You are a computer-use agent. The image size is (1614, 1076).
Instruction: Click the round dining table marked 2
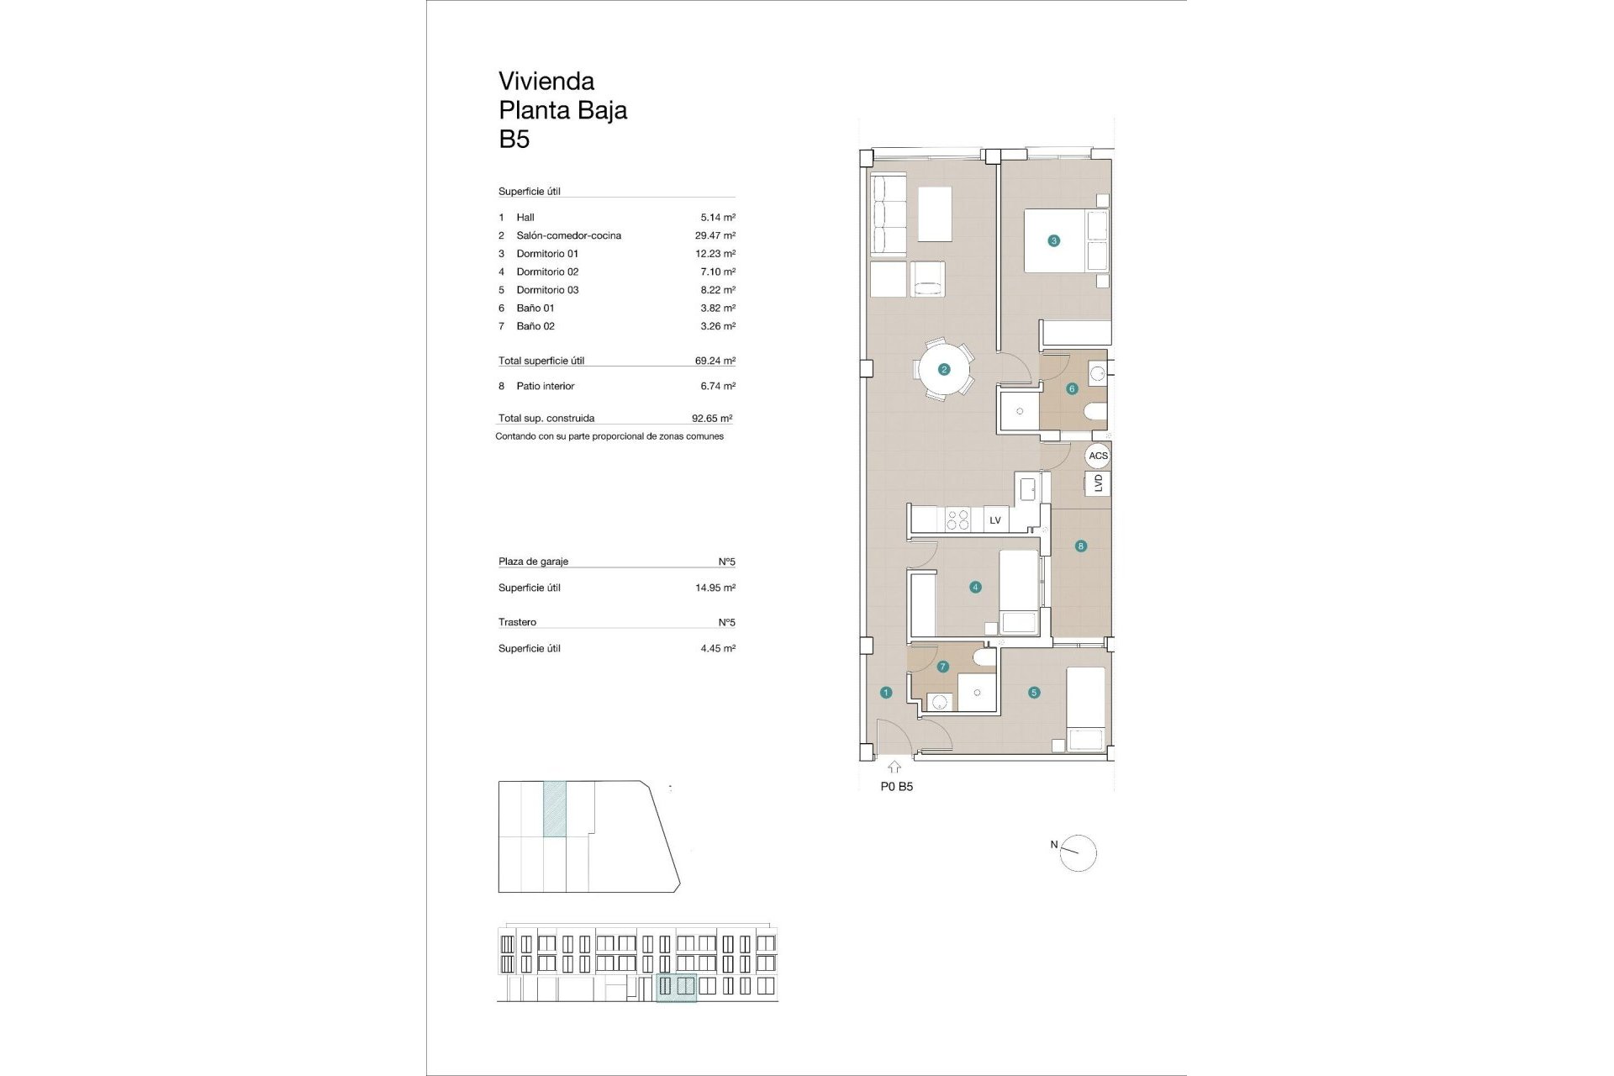click(x=944, y=369)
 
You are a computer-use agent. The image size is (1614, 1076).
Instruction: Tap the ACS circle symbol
click(x=1098, y=456)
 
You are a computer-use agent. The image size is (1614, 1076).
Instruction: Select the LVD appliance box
click(x=1098, y=483)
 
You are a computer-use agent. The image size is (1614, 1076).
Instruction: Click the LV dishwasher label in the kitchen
click(x=995, y=520)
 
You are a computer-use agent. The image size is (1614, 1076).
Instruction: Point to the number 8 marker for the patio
click(x=1081, y=546)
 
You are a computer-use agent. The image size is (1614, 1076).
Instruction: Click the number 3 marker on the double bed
click(x=1053, y=240)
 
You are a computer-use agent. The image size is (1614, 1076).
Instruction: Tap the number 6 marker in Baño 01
click(x=1072, y=388)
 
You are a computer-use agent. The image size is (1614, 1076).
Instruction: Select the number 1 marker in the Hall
click(x=886, y=693)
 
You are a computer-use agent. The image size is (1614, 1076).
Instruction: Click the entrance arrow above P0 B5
click(x=894, y=767)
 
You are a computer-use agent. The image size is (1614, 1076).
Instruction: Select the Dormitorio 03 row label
click(x=547, y=290)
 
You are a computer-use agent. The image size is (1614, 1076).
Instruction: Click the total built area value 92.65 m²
click(x=711, y=418)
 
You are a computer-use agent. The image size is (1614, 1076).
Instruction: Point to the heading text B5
click(x=514, y=139)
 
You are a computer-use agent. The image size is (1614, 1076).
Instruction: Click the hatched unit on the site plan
click(x=555, y=809)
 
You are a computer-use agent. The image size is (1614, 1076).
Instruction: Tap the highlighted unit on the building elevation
click(x=676, y=987)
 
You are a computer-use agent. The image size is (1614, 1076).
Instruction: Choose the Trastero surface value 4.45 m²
click(x=718, y=648)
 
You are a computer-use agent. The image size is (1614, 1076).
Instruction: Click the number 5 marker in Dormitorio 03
click(x=1034, y=693)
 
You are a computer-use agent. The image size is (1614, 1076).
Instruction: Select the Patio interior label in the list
click(x=545, y=386)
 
